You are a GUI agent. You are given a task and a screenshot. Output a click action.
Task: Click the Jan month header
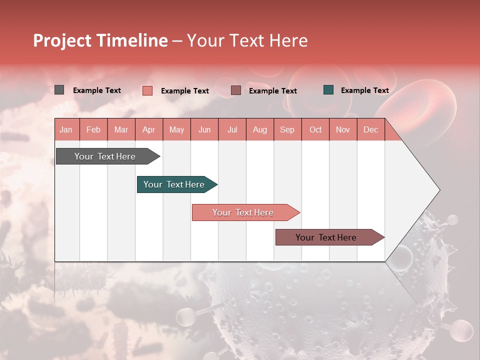click(x=66, y=129)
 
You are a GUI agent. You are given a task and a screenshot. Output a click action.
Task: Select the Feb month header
click(x=93, y=129)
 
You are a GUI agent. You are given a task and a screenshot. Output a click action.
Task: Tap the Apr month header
click(x=148, y=129)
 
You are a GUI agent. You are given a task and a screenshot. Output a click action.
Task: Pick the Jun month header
click(x=204, y=129)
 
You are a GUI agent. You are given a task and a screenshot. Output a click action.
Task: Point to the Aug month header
click(x=260, y=129)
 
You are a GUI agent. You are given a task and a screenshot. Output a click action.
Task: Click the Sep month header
click(x=287, y=129)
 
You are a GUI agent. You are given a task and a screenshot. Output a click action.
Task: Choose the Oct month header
click(x=315, y=129)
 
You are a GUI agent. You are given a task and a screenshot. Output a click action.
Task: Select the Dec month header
click(x=370, y=129)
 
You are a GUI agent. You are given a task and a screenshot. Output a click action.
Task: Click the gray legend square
click(x=59, y=90)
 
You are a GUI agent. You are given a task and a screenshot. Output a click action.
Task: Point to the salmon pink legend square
click(x=147, y=90)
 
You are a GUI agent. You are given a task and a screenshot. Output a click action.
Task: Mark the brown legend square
click(x=236, y=90)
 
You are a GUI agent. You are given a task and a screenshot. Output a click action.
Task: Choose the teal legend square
click(x=328, y=90)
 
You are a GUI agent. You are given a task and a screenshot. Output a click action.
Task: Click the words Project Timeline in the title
click(x=100, y=40)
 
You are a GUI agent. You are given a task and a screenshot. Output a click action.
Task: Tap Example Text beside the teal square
click(x=364, y=90)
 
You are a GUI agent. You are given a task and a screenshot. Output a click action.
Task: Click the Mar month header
click(x=121, y=129)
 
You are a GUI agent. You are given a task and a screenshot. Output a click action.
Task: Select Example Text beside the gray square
click(x=97, y=90)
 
